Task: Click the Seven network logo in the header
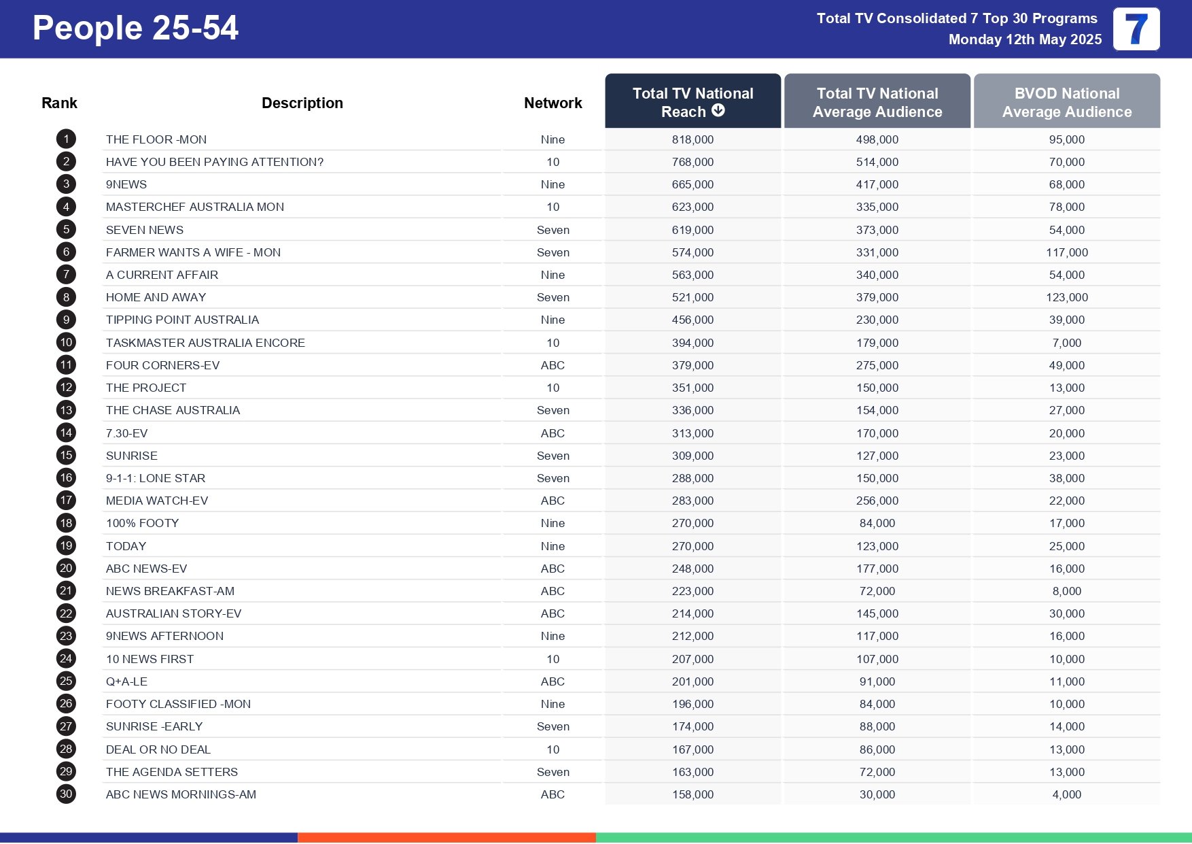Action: click(1136, 29)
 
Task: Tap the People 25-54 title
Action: click(135, 28)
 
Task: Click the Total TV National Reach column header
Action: click(693, 101)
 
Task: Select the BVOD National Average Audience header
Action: click(1066, 102)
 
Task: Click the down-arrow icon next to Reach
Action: click(718, 111)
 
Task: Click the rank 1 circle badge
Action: click(66, 139)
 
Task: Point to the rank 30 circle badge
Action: click(66, 794)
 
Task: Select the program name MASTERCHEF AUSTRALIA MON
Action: click(194, 207)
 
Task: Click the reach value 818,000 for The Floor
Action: click(693, 139)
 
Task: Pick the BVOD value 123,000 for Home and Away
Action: click(1066, 297)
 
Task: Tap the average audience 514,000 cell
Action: click(877, 162)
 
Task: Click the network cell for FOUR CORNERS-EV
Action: click(553, 365)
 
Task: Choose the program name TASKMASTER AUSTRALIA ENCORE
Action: click(205, 343)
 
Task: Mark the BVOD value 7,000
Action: click(1066, 343)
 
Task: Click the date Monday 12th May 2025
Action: click(1025, 39)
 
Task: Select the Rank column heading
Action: click(59, 103)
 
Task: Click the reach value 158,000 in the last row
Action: click(693, 794)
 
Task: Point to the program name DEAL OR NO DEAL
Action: click(158, 749)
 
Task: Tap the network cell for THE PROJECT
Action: click(553, 388)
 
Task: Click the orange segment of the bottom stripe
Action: click(446, 837)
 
